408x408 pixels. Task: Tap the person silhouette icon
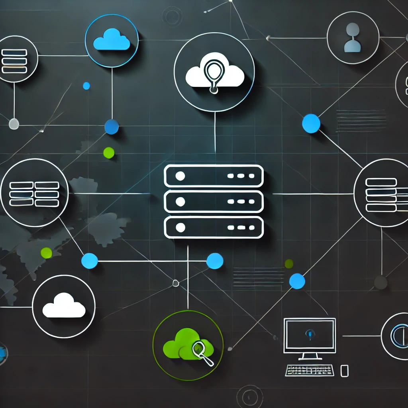pos(352,38)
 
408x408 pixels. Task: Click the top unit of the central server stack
pos(214,176)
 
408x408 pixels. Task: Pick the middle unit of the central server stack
pos(214,202)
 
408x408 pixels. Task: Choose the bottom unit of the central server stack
pos(214,228)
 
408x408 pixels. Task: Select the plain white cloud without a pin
pos(64,306)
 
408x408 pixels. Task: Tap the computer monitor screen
pos(310,335)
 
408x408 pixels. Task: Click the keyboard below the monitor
pos(310,370)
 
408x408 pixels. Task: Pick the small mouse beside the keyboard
pos(344,371)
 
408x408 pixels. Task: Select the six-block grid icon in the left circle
pos(34,194)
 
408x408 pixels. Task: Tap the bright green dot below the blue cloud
pos(109,153)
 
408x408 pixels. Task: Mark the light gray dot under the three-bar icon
pos(14,124)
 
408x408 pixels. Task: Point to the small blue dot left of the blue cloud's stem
pos(86,86)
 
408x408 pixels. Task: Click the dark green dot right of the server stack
pos(289,264)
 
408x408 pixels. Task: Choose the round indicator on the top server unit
pos(180,176)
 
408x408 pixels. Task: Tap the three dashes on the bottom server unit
pos(241,228)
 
